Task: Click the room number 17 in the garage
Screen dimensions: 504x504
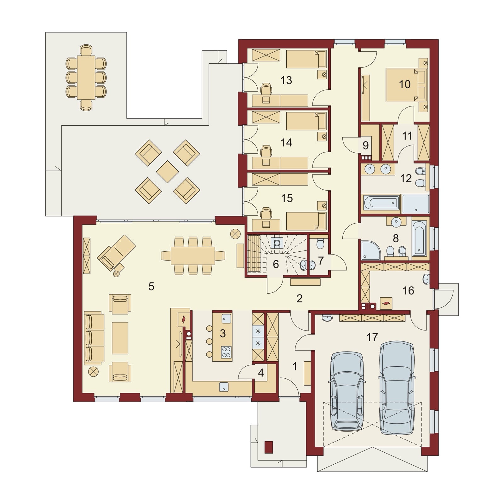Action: (372, 337)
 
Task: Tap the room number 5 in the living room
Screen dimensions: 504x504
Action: (151, 287)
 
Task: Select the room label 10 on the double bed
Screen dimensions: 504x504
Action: (405, 84)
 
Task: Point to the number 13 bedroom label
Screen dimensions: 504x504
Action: (286, 80)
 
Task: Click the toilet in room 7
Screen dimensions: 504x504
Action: (320, 244)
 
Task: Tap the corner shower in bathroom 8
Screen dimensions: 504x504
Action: (371, 250)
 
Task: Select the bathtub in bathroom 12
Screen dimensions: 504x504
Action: (381, 203)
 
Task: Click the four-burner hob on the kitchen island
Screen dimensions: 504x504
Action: (226, 352)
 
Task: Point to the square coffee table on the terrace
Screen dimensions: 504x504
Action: (167, 172)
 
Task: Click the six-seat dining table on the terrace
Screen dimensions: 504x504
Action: (86, 77)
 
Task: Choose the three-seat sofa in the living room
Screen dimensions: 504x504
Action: (94, 338)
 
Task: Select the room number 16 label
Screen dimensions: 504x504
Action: (408, 290)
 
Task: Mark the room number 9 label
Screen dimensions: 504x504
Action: (365, 146)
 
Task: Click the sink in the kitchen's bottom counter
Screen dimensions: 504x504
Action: (224, 387)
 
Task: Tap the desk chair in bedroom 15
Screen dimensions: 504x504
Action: (266, 214)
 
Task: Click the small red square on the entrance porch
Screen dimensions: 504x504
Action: (268, 447)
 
